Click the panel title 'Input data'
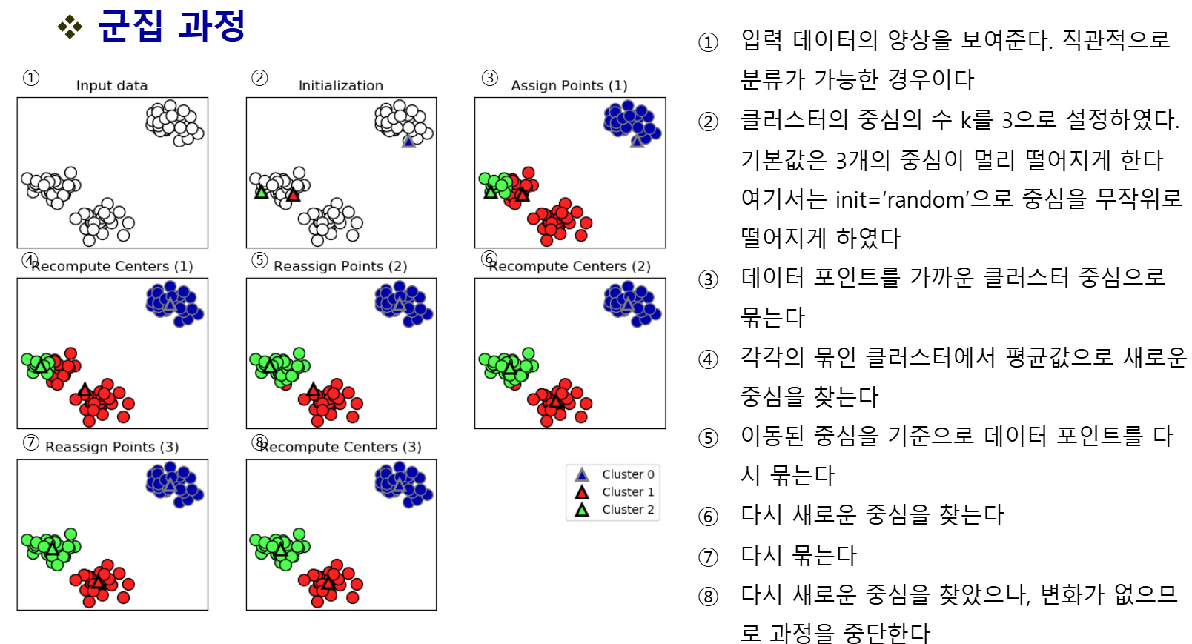[112, 86]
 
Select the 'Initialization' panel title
[341, 86]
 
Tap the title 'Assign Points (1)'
[569, 86]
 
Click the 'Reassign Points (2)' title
[340, 267]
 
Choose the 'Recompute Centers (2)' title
[570, 267]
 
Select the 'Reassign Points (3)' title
[112, 448]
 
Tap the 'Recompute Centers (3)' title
[341, 448]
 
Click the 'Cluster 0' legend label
[628, 474]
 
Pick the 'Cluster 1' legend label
[628, 492]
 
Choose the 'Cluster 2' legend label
[628, 510]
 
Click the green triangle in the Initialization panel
[261, 193]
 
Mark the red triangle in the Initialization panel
[294, 195]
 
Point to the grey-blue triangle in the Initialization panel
[408, 141]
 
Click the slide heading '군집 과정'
[171, 27]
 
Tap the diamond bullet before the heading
[70, 27]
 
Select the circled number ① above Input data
[31, 78]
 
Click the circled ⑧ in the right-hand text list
[709, 597]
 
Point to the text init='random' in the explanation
[900, 200]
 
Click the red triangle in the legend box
[582, 492]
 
